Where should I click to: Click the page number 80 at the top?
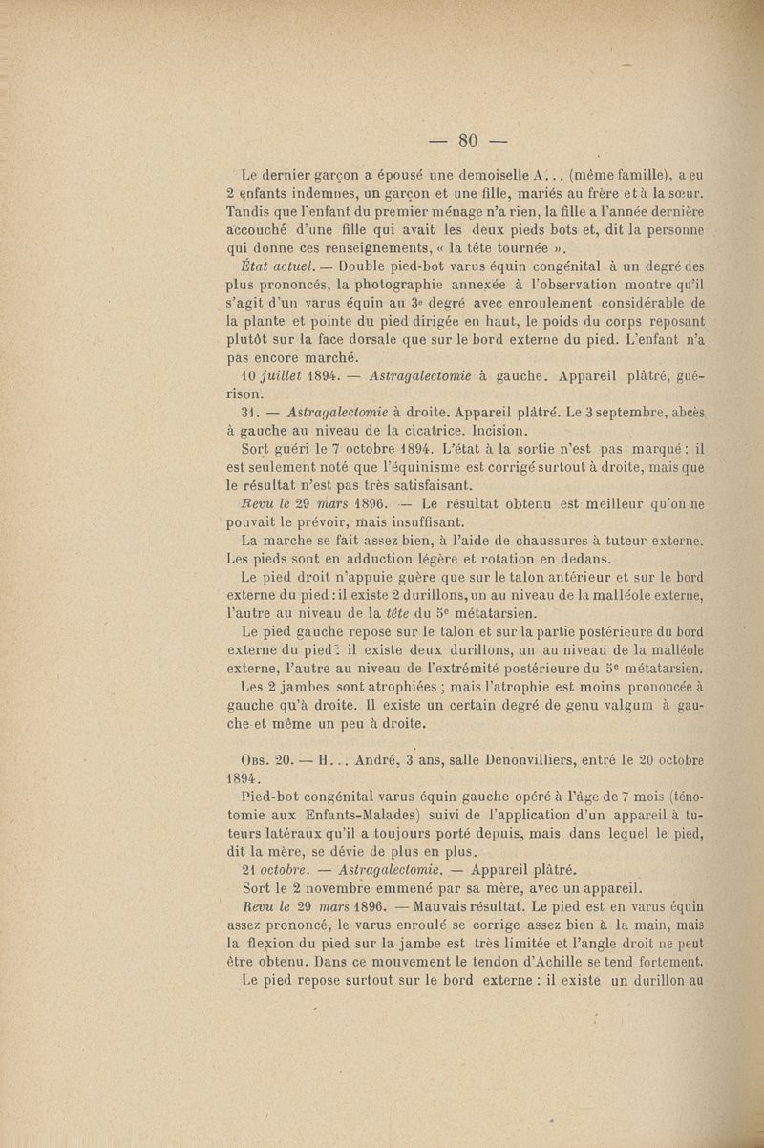coord(467,141)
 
